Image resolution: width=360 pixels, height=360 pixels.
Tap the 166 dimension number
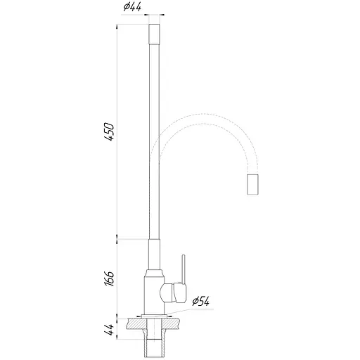pos(109,277)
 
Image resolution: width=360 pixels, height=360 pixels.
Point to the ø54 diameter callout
pos(201,302)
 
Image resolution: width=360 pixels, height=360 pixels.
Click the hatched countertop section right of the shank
pos(174,324)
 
